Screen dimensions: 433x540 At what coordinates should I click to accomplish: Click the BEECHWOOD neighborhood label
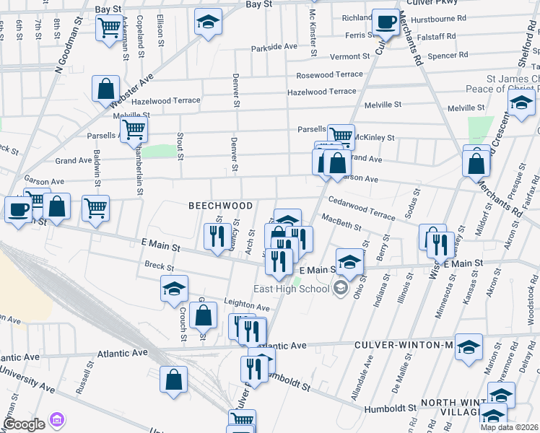tap(221, 206)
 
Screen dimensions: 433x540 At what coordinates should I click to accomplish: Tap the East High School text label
tap(291, 289)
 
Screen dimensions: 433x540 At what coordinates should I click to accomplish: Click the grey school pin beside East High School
tap(339, 289)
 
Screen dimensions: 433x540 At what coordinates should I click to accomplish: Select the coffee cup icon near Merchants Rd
tap(386, 22)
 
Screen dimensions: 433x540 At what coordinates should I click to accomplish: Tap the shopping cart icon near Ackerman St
tap(108, 28)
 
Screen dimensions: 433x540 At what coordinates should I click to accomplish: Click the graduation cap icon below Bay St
tap(208, 22)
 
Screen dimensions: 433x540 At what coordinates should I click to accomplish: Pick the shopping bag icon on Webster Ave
tap(105, 89)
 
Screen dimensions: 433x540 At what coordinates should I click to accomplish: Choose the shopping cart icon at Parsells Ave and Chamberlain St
tap(134, 130)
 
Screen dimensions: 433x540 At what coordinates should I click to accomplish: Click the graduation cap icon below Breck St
tap(173, 289)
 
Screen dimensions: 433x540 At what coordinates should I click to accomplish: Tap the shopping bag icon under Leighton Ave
tap(204, 315)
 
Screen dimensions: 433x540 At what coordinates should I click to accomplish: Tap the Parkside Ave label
tap(274, 47)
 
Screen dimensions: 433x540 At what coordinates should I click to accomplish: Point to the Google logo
tap(24, 424)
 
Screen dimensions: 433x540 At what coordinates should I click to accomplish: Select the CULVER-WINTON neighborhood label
tap(402, 345)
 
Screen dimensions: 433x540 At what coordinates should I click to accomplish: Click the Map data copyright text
tap(510, 427)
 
